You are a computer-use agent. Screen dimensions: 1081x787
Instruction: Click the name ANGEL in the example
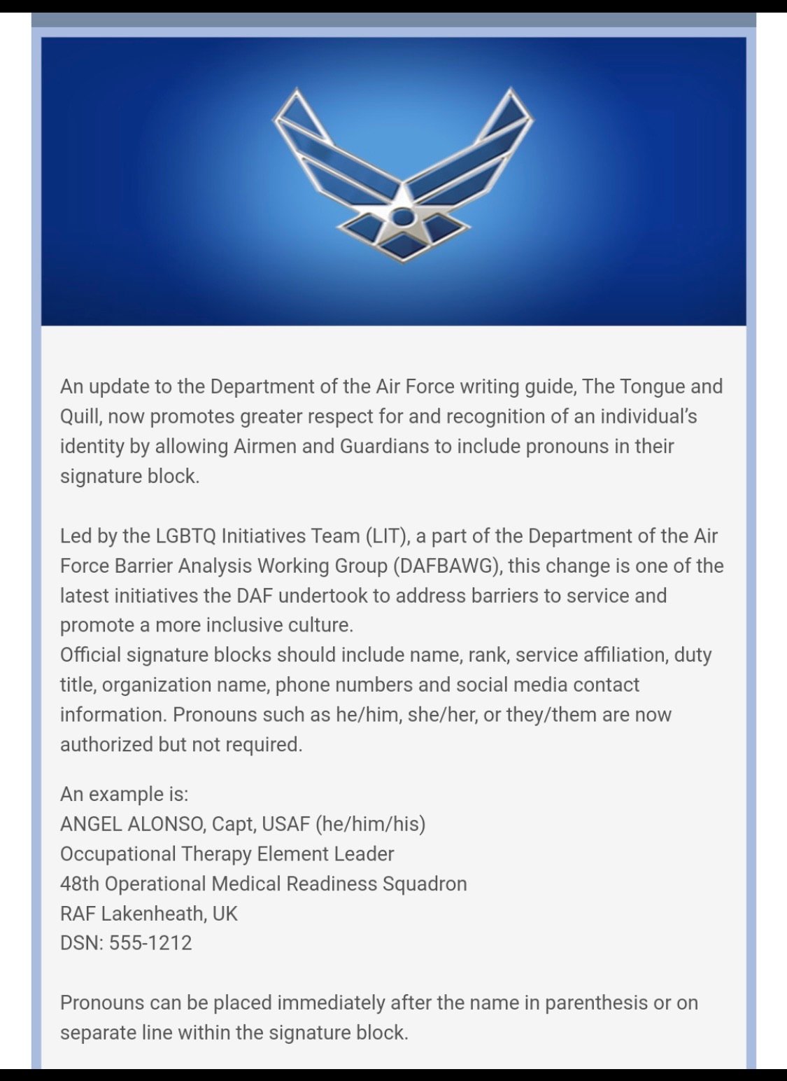point(91,824)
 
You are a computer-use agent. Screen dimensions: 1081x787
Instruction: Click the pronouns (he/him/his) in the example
point(370,824)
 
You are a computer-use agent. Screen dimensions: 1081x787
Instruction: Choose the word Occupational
point(118,854)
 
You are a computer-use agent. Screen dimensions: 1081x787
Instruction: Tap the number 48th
point(80,884)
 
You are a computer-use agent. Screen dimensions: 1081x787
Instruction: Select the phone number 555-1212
point(150,943)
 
